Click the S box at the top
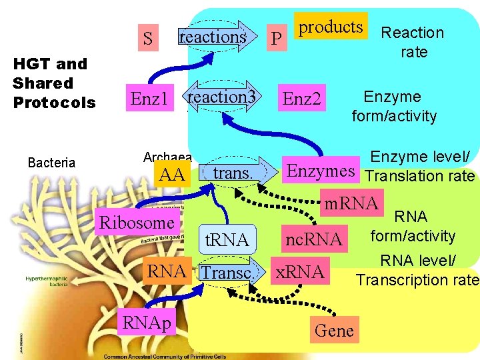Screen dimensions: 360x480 (148, 39)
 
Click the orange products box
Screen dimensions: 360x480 (331, 27)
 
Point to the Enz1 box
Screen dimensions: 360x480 (149, 100)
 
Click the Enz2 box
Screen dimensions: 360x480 (302, 100)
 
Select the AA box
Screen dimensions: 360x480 (172, 175)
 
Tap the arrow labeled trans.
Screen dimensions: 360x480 (233, 173)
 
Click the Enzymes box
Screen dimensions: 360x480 (320, 171)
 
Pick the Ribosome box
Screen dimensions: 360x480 (136, 222)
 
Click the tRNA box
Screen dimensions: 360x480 (227, 239)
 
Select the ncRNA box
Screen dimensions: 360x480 (313, 239)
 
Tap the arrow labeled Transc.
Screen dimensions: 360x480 (227, 273)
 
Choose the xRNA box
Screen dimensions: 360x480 (300, 271)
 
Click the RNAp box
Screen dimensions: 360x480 (146, 323)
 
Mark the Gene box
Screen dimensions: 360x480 (334, 330)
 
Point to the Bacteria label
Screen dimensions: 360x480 (51, 163)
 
